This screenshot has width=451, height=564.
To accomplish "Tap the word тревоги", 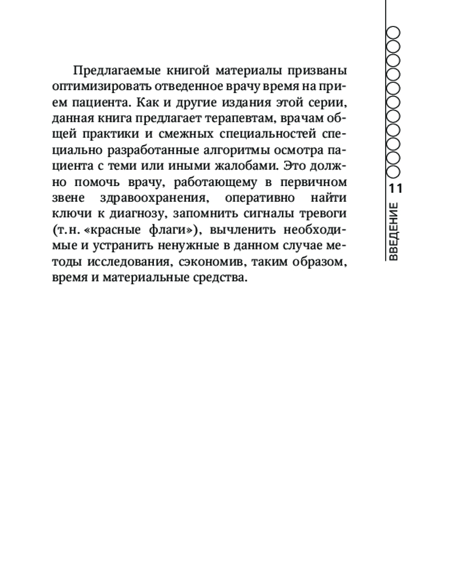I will (x=322, y=215).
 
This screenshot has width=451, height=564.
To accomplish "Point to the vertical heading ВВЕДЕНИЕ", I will (x=394, y=231).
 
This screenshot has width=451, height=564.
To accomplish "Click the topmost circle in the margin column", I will (x=393, y=32).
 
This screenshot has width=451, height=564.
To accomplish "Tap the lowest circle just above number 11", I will (x=393, y=171).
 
